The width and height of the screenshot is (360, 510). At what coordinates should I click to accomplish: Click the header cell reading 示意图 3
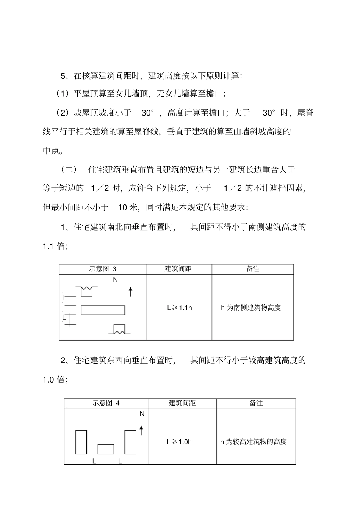(102, 269)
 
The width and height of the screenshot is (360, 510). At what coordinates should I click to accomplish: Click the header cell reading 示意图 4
(106, 403)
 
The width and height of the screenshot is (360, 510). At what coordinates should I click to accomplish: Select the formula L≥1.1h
(180, 308)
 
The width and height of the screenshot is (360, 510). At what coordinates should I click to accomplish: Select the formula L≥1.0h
(179, 442)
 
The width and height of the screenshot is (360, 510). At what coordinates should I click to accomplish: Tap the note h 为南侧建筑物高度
(251, 308)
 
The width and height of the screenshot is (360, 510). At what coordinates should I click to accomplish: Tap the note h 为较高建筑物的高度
(254, 442)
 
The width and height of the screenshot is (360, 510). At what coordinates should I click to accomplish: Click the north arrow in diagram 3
(131, 291)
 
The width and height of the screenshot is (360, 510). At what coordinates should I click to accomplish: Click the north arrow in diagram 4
(141, 430)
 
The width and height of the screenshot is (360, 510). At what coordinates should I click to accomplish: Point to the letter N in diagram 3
(116, 280)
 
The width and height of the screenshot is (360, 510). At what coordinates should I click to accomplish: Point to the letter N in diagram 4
(142, 414)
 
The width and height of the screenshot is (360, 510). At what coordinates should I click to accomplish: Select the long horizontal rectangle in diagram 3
(103, 310)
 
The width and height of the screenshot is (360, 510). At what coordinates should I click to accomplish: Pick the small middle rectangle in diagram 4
(106, 449)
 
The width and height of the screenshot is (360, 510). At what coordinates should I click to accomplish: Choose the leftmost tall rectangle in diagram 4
(81, 442)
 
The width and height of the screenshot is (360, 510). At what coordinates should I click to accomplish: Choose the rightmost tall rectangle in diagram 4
(130, 442)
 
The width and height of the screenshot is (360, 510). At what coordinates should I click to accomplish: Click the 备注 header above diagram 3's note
(253, 269)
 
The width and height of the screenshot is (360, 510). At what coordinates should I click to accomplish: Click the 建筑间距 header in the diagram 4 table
(182, 403)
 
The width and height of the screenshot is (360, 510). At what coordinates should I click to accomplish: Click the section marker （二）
(69, 169)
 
